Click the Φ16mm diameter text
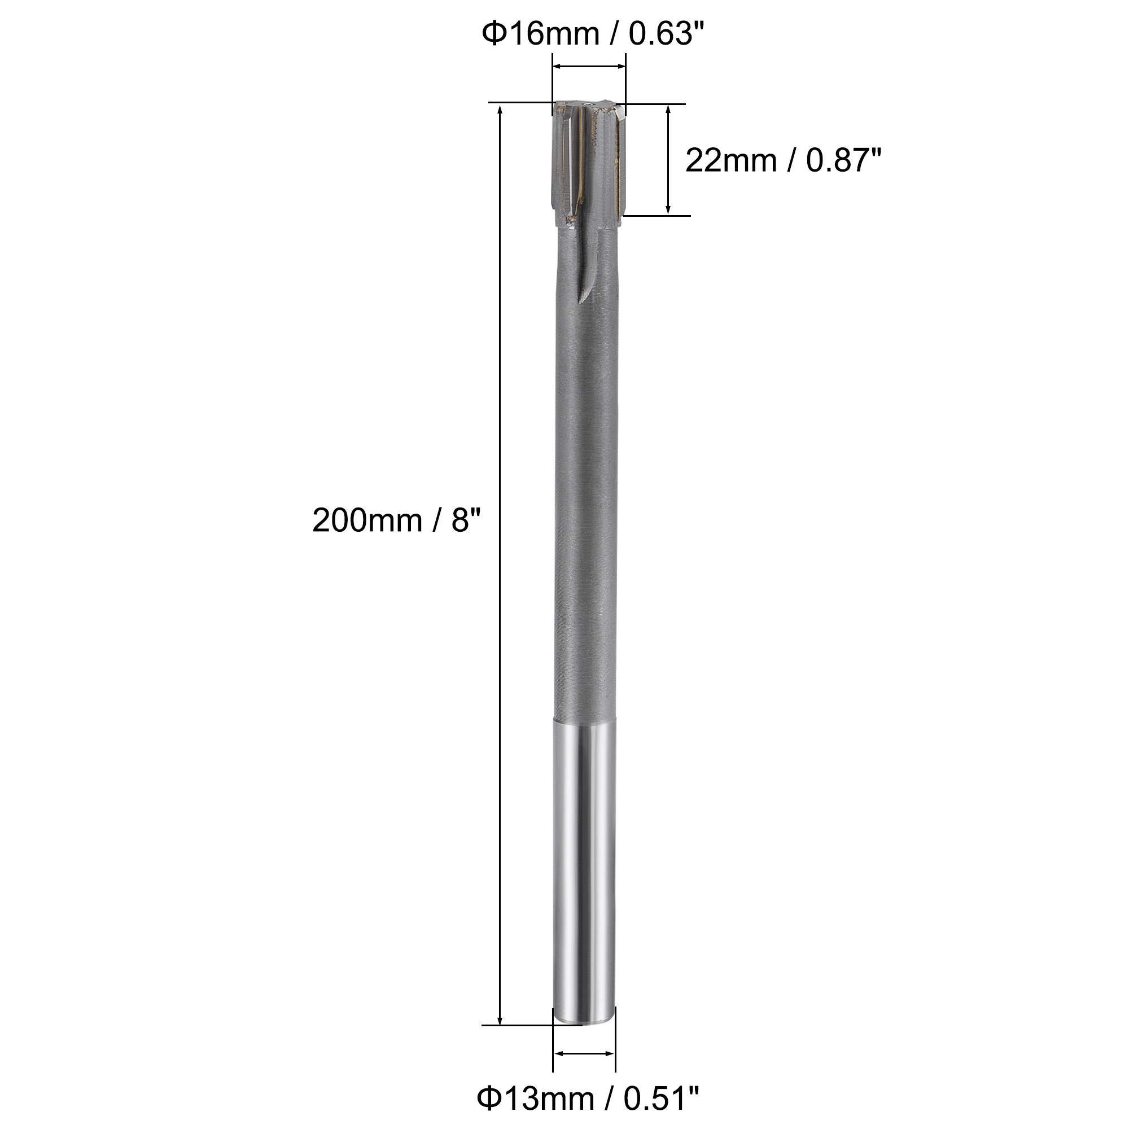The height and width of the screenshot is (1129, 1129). (541, 34)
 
